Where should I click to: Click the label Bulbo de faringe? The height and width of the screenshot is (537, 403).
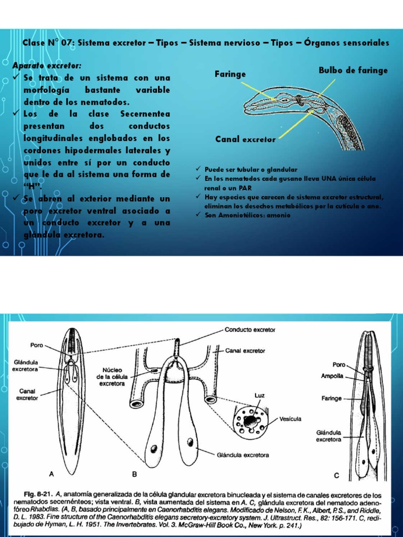(x=353, y=70)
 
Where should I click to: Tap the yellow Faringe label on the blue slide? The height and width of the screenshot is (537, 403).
(x=230, y=74)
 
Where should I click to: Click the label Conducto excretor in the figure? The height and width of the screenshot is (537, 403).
(x=250, y=330)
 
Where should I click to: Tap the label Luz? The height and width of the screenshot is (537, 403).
(x=259, y=394)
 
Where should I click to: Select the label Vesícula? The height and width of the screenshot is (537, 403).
(x=290, y=419)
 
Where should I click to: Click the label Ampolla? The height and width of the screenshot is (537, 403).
(x=333, y=376)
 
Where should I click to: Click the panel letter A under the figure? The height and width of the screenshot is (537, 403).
(x=51, y=474)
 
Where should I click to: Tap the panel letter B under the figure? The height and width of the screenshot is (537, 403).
(x=134, y=474)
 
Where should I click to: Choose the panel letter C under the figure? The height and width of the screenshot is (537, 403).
(x=336, y=475)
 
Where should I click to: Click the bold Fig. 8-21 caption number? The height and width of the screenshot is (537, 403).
(x=40, y=495)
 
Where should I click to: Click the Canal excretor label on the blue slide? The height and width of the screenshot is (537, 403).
(x=245, y=139)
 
